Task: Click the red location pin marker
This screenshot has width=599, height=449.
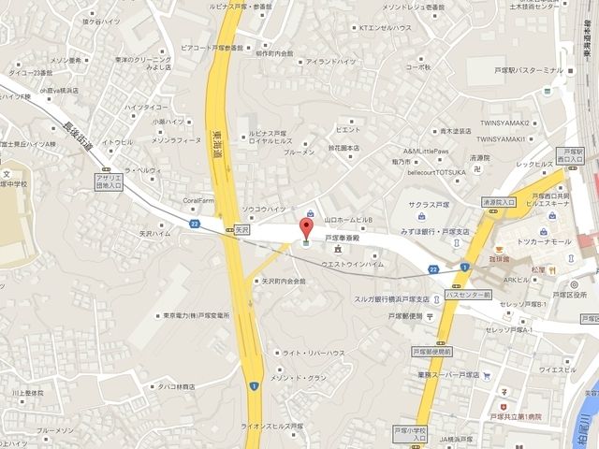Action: click(x=303, y=227)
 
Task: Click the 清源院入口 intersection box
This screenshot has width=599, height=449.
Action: click(x=499, y=201)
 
